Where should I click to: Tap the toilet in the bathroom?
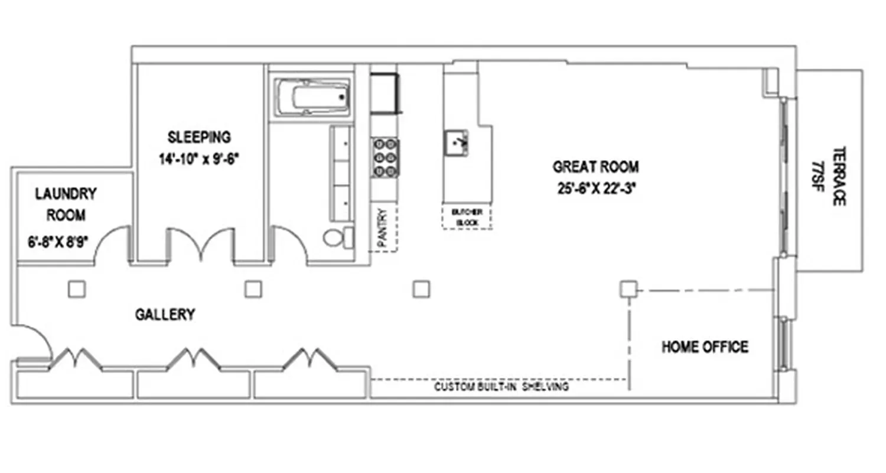point(338,238)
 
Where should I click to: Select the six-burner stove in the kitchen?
point(385,157)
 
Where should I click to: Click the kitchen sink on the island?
point(457,143)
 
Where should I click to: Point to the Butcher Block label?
point(467,217)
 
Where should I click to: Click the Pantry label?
point(383,228)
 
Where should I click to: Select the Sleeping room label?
point(199,137)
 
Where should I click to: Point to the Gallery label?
point(165,315)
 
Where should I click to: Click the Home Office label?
point(705,346)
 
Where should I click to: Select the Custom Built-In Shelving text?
point(501,387)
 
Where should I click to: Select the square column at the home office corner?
point(628,289)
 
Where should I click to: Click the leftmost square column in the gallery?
point(76,289)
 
